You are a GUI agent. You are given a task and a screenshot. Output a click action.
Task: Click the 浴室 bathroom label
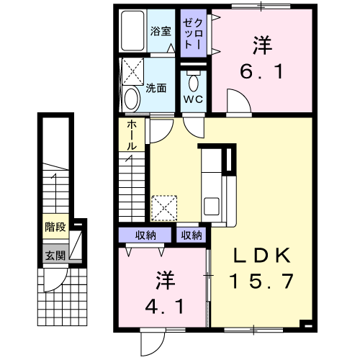161,31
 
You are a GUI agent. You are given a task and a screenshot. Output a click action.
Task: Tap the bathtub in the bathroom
132,31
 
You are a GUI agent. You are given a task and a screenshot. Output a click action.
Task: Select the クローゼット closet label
193,34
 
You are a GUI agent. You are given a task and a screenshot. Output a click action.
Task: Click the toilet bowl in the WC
194,81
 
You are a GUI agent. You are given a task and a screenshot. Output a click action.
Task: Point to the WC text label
193,99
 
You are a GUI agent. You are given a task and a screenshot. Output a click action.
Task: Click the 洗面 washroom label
156,89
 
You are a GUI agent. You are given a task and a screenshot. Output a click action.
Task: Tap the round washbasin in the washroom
132,99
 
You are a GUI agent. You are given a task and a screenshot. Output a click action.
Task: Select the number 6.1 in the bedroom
262,72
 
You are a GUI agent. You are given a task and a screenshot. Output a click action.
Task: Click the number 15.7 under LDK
261,282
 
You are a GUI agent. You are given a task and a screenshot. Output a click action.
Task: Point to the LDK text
262,256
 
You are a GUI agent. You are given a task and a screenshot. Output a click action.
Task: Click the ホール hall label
132,135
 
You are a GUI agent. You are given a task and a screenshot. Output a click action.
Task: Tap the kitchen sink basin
212,206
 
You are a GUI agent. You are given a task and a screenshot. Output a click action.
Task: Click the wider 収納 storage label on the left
145,235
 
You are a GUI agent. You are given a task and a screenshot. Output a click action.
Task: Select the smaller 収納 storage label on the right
192,235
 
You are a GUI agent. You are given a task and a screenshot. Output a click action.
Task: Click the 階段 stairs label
55,227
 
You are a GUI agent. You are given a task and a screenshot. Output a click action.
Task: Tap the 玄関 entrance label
55,256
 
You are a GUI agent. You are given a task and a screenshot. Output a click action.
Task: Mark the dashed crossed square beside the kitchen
165,208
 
